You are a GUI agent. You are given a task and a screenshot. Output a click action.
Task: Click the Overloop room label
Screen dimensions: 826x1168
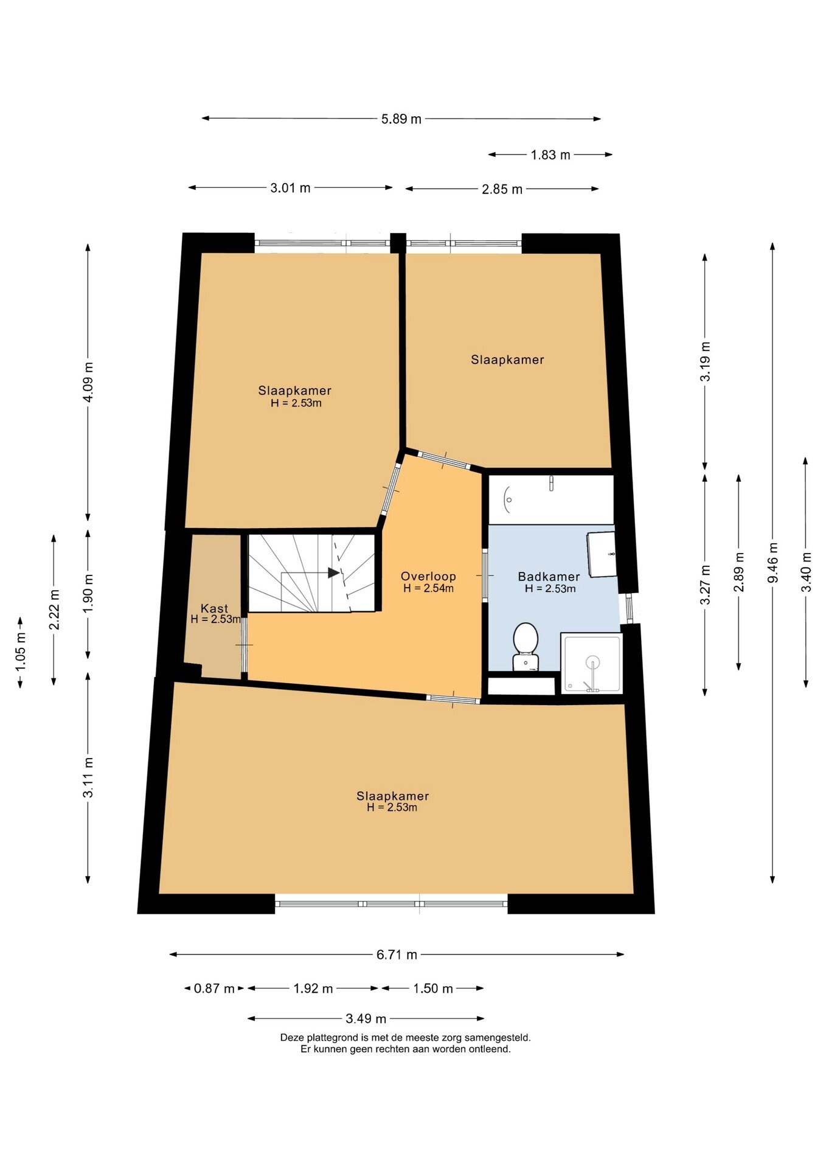(428, 576)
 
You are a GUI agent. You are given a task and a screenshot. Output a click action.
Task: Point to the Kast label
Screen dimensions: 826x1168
(214, 608)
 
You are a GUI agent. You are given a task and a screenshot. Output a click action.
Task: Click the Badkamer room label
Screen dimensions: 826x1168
(549, 576)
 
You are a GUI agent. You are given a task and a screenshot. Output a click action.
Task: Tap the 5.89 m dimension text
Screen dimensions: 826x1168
(401, 119)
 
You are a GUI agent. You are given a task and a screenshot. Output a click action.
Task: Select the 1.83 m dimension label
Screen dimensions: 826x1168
(550, 155)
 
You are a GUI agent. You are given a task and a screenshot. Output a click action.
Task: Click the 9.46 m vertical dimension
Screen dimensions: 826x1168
(773, 563)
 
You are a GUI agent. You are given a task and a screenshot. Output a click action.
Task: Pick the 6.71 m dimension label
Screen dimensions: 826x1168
(397, 954)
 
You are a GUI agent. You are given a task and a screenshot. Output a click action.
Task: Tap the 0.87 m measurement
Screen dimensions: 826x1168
(214, 989)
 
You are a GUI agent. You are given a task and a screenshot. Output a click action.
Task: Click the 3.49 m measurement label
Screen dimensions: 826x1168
(366, 1019)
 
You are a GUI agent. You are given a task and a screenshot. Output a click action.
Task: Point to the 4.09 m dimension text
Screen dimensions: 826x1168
(89, 382)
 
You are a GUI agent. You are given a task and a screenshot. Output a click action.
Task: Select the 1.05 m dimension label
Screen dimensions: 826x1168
(21, 652)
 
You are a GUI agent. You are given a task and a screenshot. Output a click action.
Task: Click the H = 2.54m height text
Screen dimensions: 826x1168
(428, 588)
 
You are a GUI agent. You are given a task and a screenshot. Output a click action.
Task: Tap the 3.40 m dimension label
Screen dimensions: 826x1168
(807, 572)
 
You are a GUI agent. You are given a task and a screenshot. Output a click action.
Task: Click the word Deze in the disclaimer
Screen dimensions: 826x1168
(291, 1038)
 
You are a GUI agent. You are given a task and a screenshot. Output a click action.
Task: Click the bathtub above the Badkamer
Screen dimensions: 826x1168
(551, 499)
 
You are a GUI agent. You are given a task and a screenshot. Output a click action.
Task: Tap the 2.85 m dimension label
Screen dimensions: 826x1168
(502, 189)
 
